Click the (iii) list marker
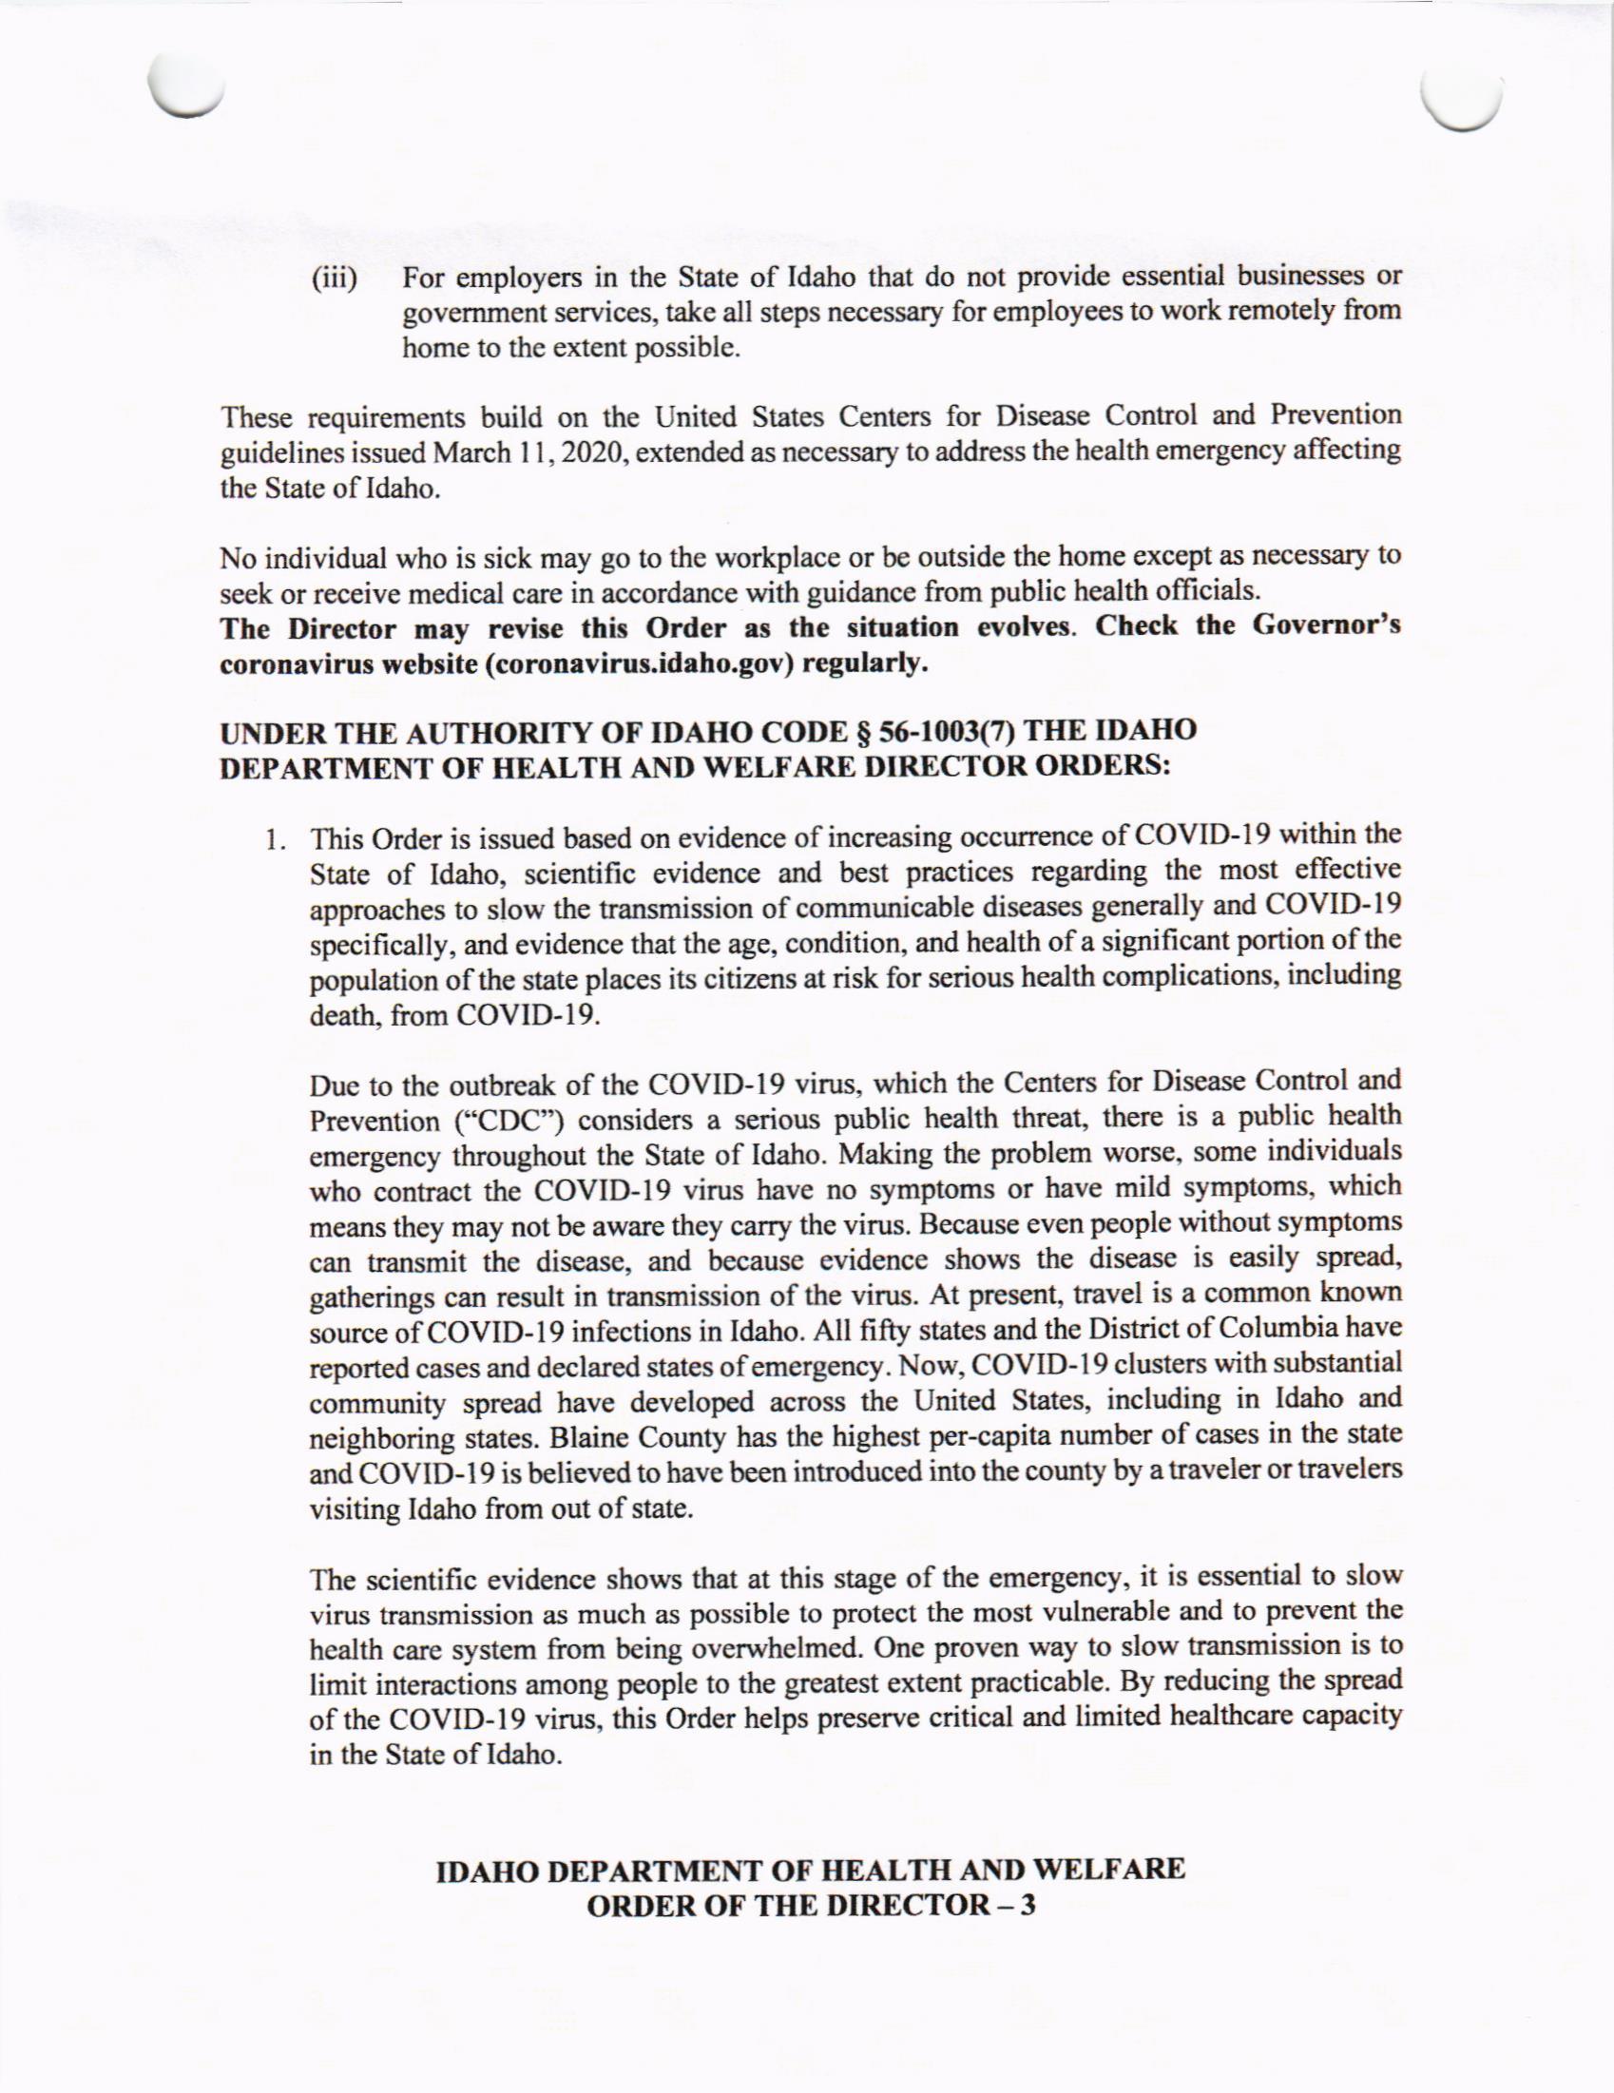[333, 280]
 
